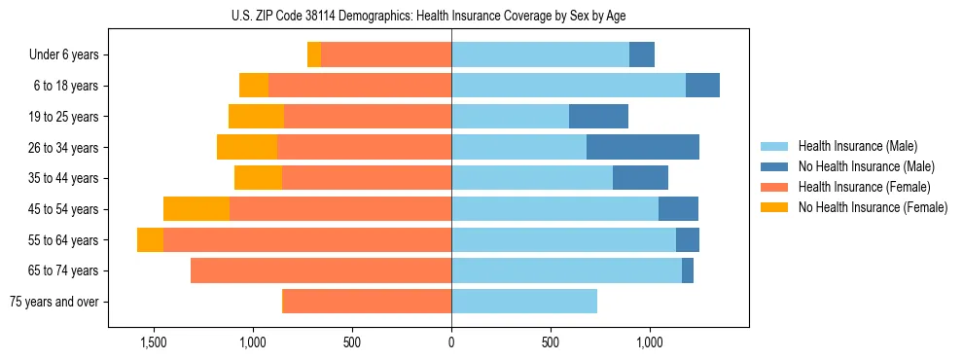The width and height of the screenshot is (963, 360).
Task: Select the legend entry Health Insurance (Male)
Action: point(857,146)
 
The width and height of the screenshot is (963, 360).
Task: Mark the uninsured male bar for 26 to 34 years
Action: point(643,148)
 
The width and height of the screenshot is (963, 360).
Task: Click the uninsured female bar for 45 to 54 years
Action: point(196,209)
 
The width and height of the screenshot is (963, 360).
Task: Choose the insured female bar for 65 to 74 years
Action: point(321,270)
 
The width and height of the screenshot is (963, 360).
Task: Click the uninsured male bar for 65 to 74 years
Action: point(688,270)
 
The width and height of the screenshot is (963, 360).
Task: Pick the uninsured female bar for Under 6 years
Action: point(314,55)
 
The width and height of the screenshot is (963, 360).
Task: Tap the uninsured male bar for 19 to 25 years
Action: point(598,117)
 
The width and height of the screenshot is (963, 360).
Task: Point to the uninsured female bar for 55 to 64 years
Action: point(150,240)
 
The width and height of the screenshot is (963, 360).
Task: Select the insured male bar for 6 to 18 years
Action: point(568,86)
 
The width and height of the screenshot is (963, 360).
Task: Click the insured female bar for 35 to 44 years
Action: point(367,178)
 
